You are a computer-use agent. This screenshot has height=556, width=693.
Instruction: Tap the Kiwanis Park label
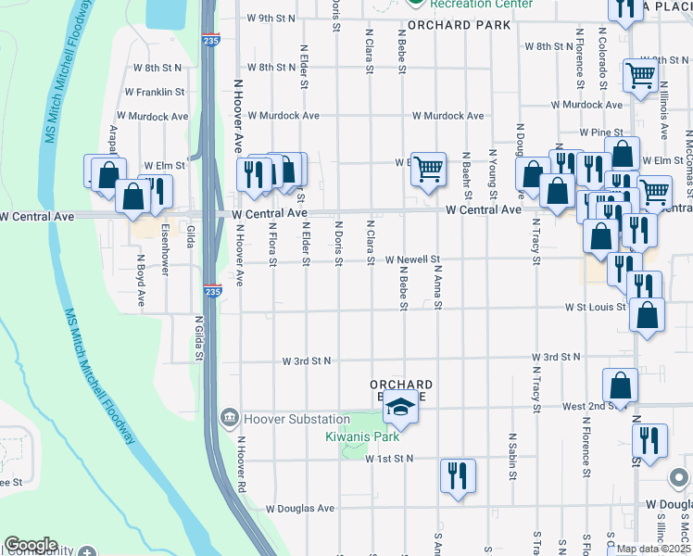(x=361, y=436)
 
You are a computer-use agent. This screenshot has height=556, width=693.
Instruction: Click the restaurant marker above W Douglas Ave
(x=458, y=476)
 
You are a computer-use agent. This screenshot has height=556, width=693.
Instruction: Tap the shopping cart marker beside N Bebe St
(x=428, y=170)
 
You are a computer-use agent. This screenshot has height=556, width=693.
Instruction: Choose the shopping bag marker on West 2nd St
(x=620, y=385)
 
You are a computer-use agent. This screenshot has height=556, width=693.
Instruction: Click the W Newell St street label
(x=412, y=260)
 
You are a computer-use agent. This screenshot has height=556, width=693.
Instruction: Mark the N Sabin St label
(x=512, y=455)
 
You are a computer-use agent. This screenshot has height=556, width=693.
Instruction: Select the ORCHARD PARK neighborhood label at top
(x=459, y=25)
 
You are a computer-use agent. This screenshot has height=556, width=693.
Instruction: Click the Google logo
(x=31, y=545)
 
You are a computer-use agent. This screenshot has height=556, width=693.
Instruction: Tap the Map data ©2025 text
(x=652, y=549)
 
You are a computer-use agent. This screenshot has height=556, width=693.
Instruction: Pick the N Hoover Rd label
(x=240, y=464)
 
